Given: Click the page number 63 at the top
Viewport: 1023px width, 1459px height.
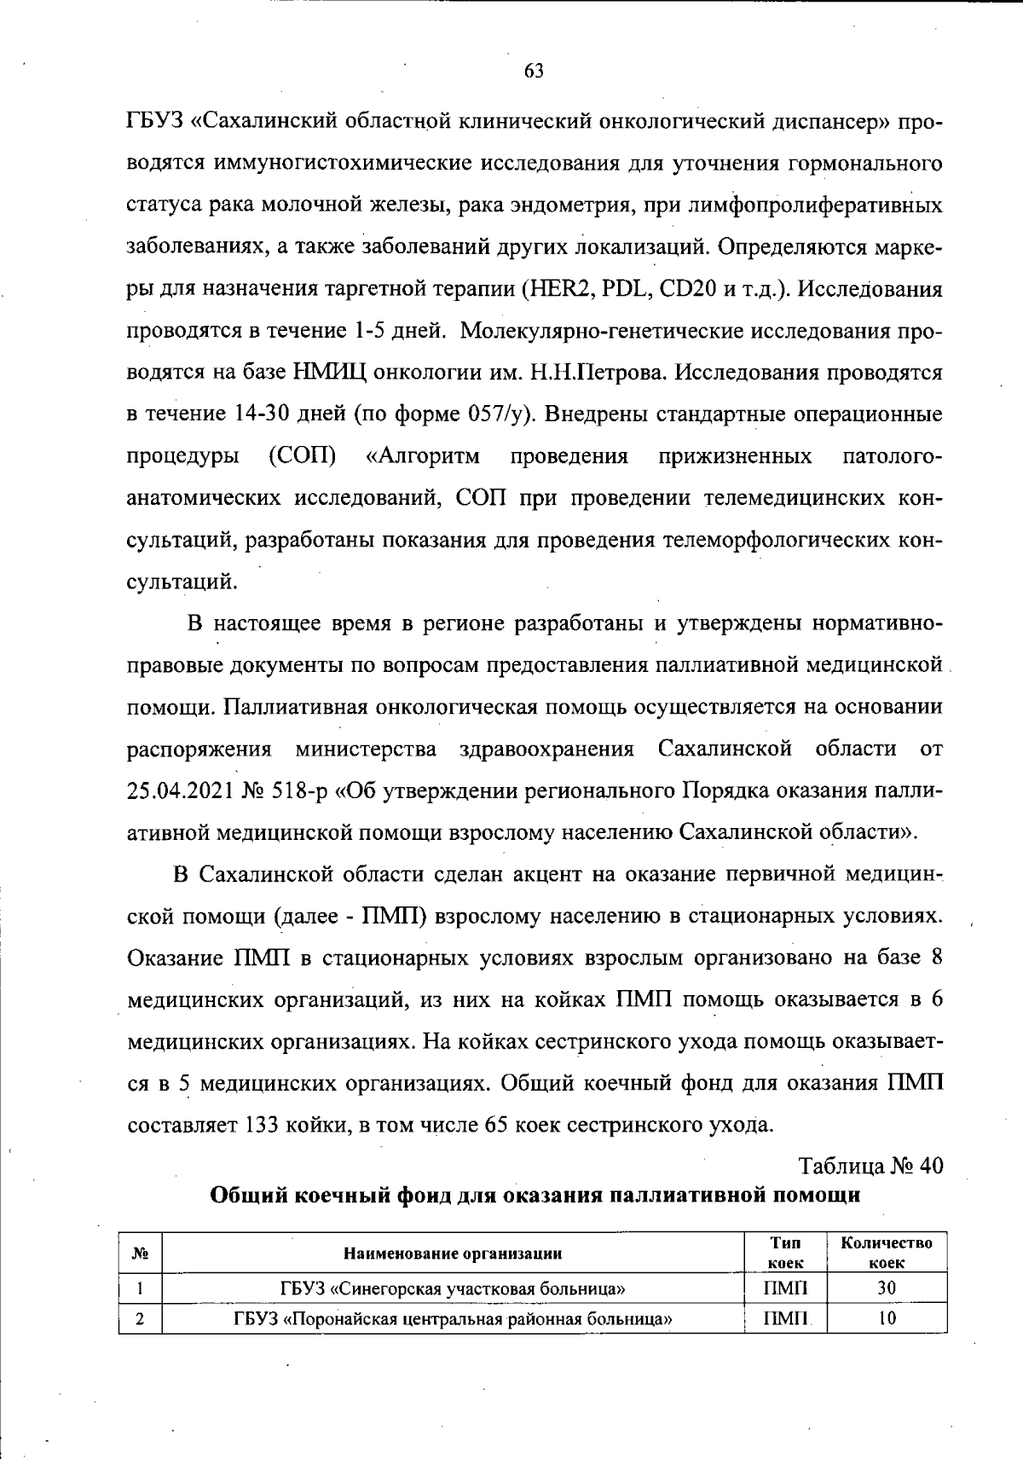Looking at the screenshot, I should tap(535, 72).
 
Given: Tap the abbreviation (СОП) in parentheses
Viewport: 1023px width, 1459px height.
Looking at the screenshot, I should tap(301, 457).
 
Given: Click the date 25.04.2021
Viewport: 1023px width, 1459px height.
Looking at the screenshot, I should tap(177, 791).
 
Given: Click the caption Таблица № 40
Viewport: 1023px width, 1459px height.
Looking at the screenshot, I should tap(870, 1167).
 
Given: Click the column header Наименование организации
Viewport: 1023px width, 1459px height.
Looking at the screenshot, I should tap(453, 1253).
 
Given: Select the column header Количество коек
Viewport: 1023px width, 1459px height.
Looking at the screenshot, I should tap(887, 1253).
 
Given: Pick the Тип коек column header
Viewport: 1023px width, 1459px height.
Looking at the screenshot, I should tap(785, 1253).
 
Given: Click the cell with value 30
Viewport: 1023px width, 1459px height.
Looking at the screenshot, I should tap(887, 1288).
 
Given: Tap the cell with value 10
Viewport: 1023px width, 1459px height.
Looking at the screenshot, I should tap(887, 1319).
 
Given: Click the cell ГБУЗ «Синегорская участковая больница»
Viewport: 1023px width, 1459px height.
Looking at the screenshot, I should tap(453, 1288).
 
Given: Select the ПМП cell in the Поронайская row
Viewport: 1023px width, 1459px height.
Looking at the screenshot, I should tap(785, 1319).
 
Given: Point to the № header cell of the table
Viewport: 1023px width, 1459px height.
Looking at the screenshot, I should tap(141, 1253).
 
